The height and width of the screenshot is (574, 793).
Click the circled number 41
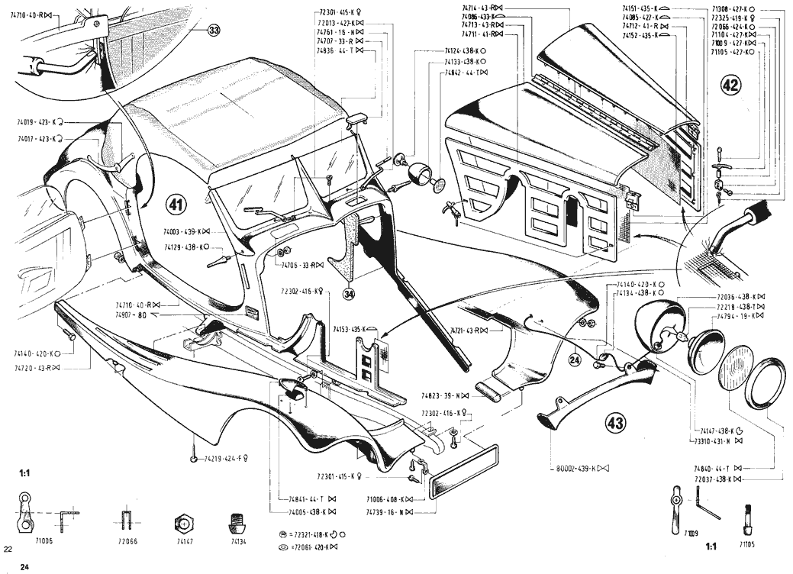176,205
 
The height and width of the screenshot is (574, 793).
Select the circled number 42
730,85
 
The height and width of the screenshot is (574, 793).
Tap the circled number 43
614,421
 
